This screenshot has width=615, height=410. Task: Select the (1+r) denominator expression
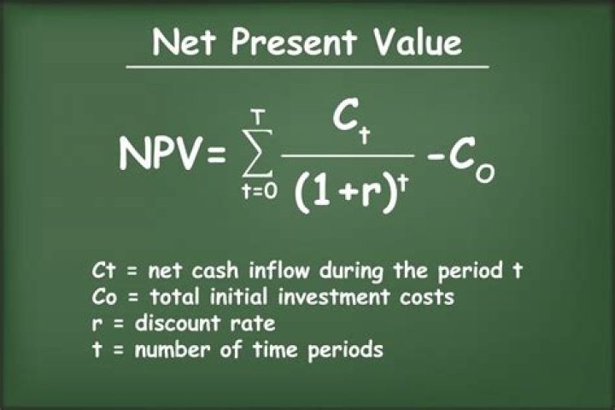click(340, 192)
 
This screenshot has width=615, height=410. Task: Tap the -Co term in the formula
click(459, 161)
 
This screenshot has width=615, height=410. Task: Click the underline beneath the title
click(307, 67)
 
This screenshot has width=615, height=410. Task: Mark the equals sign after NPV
click(215, 154)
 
